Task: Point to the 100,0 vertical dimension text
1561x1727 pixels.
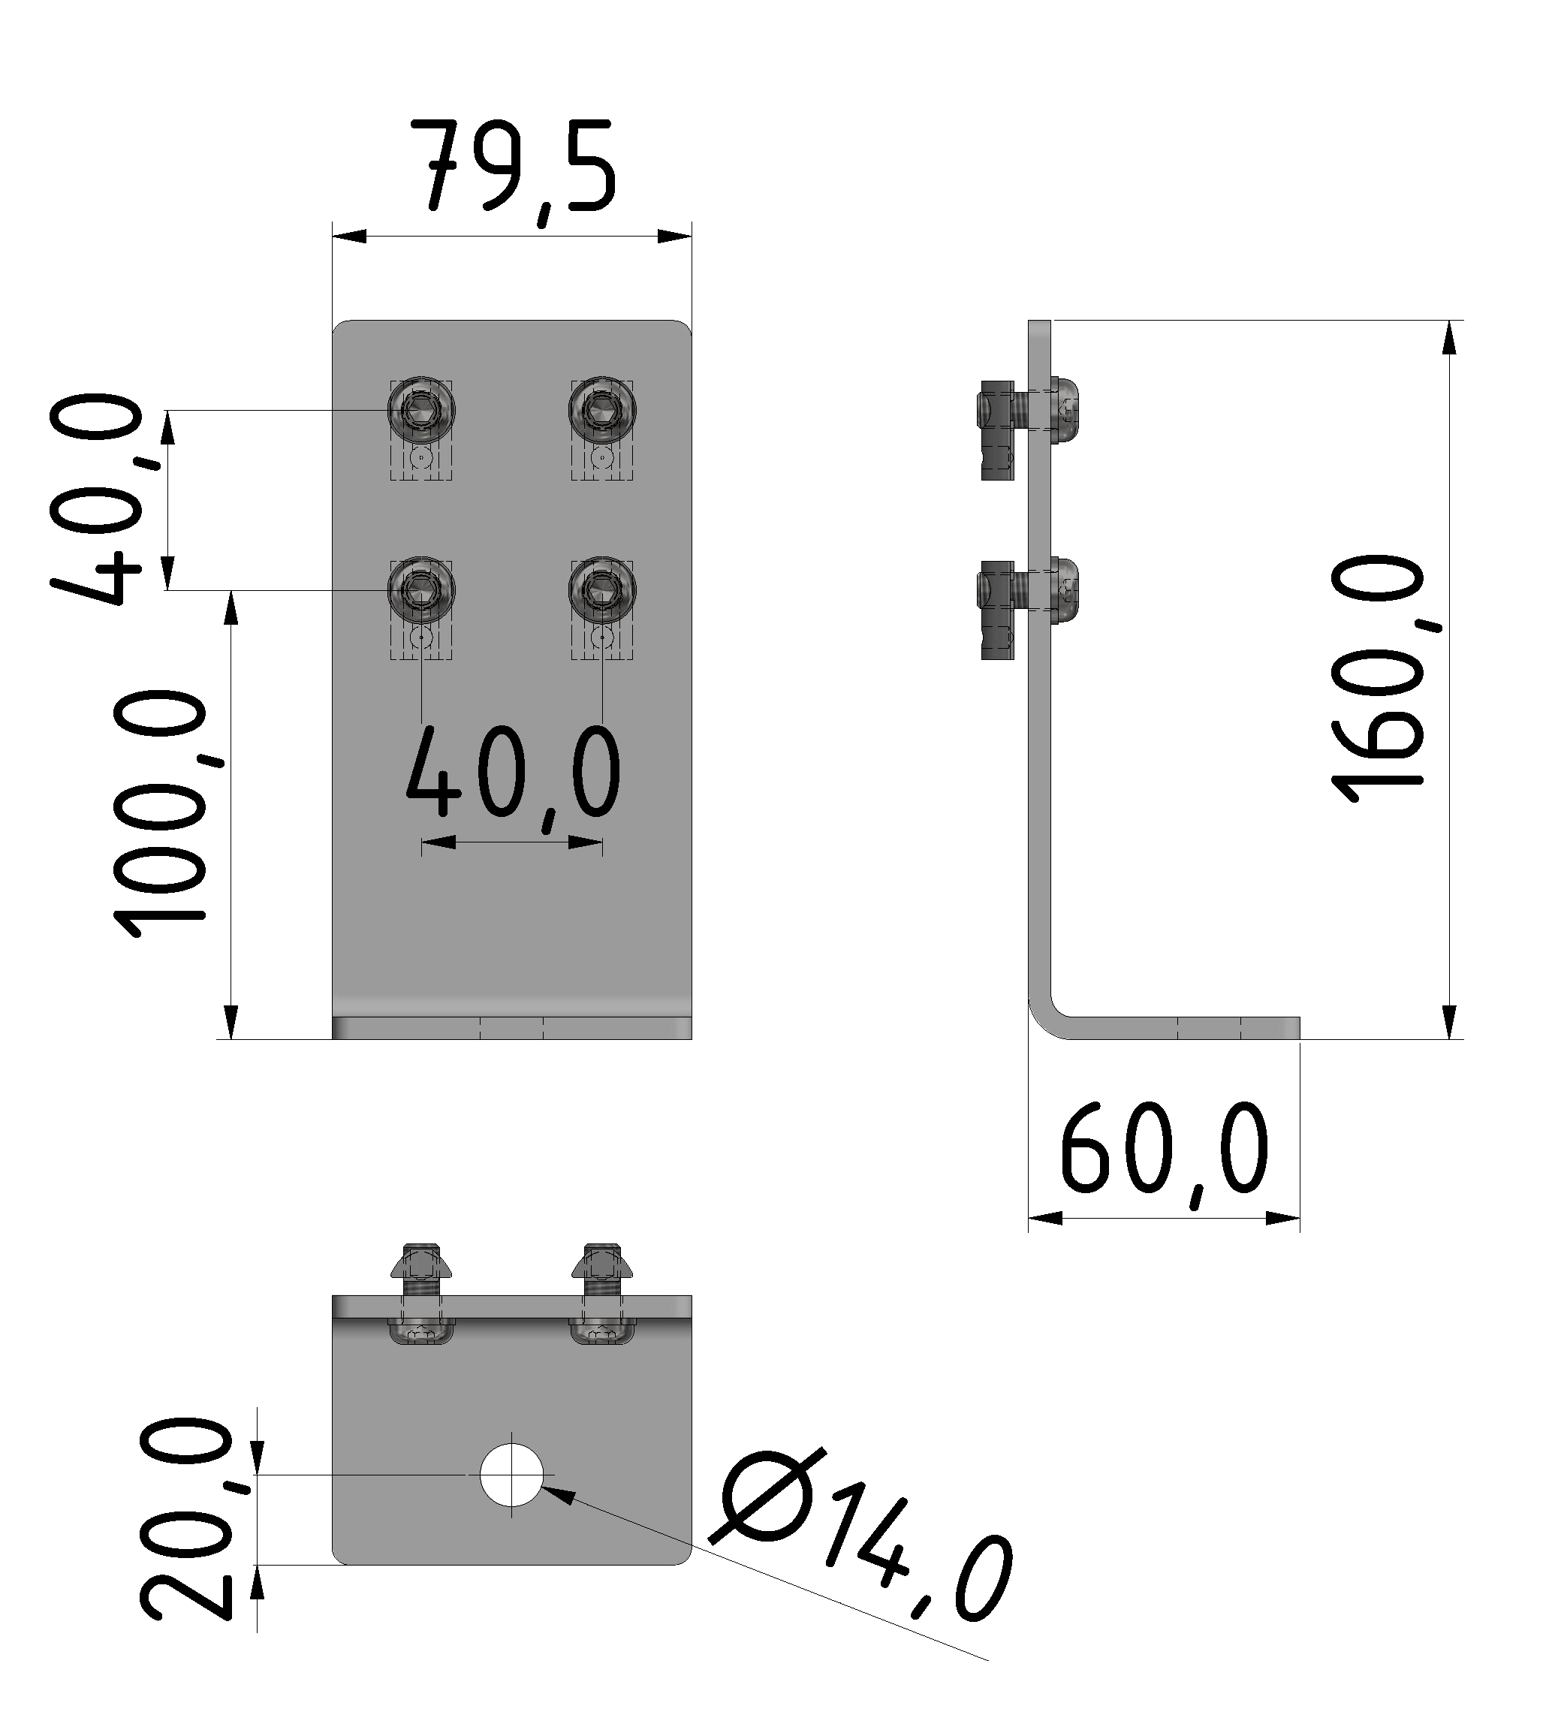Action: pyautogui.click(x=163, y=814)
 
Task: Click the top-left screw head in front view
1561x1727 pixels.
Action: pyautogui.click(x=420, y=410)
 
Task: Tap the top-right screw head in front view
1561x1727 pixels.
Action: pyautogui.click(x=601, y=410)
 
